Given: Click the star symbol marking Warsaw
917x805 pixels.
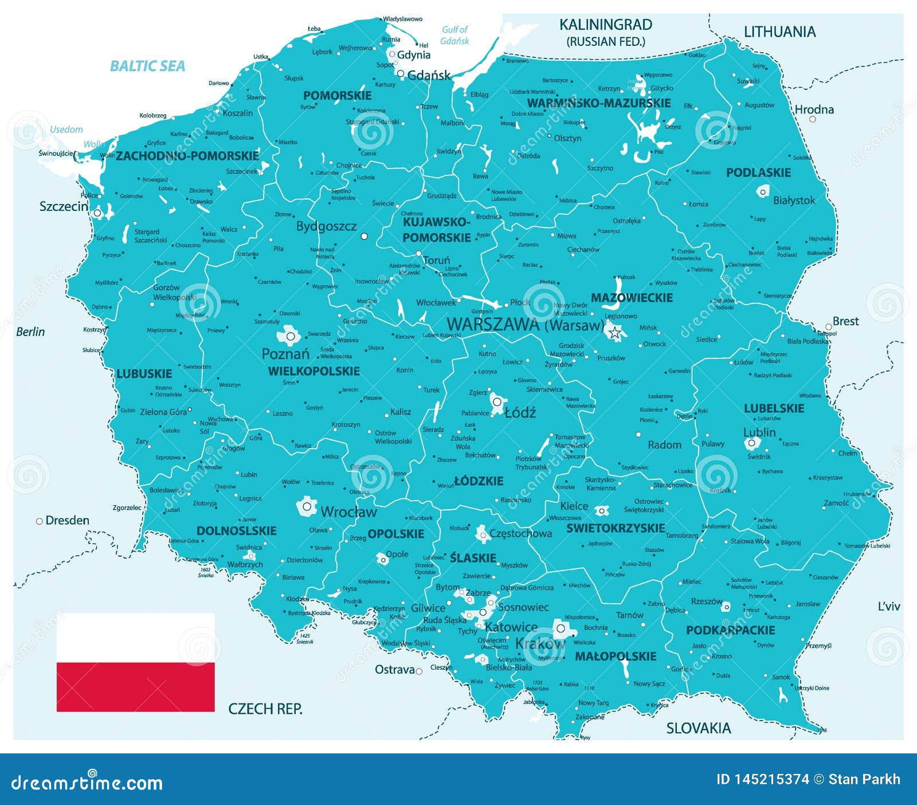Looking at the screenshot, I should tap(615, 332).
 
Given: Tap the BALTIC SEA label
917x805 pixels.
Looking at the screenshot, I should tap(147, 66).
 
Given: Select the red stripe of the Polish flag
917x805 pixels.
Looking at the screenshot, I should tap(135, 687).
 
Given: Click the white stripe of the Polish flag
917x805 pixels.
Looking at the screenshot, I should tap(135, 638).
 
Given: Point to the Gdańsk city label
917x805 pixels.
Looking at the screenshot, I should tap(429, 75).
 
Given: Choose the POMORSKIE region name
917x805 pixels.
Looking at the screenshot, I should tap(337, 96).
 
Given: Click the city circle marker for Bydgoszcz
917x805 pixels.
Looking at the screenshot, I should tap(364, 236).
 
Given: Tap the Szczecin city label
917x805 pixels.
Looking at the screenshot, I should tap(64, 206).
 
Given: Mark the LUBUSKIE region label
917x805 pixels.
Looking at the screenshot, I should tap(144, 374).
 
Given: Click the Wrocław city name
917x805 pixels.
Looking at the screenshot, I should tap(348, 512).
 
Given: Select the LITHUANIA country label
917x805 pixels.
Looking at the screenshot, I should tap(779, 32).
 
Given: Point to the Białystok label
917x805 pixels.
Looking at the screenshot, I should tap(794, 200).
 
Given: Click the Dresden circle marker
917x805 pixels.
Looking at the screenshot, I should tap(40, 521).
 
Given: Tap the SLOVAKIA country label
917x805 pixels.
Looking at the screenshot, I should tap(698, 728).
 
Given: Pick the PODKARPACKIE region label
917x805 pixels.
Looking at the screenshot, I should tap(730, 630).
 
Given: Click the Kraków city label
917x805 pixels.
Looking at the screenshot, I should tap(540, 644).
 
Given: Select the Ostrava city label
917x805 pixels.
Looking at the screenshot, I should tap(394, 670).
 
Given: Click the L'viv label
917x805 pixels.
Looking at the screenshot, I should tap(888, 606).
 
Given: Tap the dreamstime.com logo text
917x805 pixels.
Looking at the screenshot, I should tap(87, 783).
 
